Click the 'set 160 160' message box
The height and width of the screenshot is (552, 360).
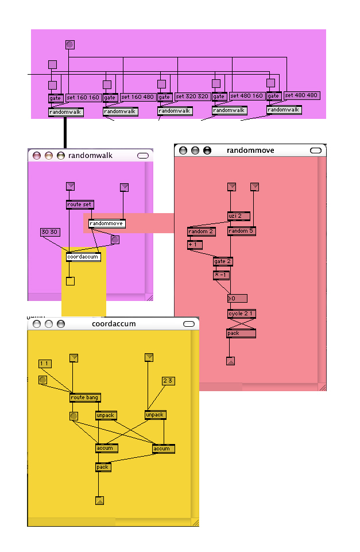click(x=84, y=98)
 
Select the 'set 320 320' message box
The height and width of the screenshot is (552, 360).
click(x=192, y=96)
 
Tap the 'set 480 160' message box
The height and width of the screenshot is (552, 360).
click(x=247, y=96)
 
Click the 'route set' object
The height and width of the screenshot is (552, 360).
click(x=79, y=204)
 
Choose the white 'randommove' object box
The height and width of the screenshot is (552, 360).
click(x=107, y=223)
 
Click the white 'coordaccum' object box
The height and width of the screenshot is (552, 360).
click(x=83, y=257)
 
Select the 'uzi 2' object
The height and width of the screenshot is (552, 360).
click(x=238, y=216)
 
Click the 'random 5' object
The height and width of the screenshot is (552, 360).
click(x=241, y=231)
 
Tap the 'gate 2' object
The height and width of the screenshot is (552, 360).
click(x=222, y=261)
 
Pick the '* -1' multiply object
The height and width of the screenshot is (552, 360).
click(x=221, y=275)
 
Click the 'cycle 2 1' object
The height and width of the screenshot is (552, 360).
click(x=241, y=314)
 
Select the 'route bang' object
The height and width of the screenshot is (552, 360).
click(x=85, y=397)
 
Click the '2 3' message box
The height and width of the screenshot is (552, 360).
click(x=168, y=381)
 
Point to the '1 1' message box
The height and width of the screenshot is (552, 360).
click(x=45, y=364)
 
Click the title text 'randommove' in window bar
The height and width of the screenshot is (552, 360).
click(x=250, y=150)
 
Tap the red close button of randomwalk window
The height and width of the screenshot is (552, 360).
click(x=37, y=156)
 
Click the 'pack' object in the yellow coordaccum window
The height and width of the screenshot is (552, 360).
click(x=103, y=467)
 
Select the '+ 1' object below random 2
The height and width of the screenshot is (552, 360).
click(x=192, y=245)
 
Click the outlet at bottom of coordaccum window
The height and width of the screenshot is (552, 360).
click(x=99, y=500)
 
